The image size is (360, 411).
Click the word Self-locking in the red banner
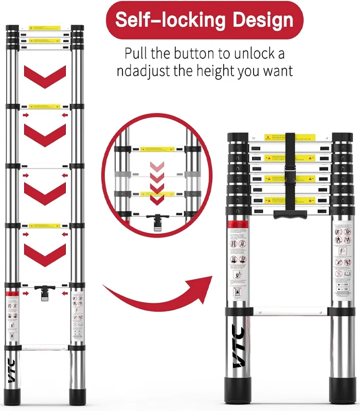point(170,20)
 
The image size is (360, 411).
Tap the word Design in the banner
point(263,20)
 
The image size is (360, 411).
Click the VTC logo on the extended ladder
point(12,370)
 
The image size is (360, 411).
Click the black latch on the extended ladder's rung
point(45,294)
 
